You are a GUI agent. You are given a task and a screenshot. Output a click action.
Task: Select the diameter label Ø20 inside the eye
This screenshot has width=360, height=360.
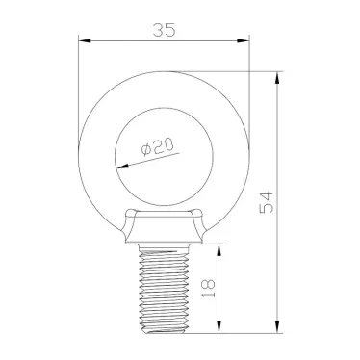click(x=155, y=147)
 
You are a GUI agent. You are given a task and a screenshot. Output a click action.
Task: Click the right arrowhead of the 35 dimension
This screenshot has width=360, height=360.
click(x=244, y=41)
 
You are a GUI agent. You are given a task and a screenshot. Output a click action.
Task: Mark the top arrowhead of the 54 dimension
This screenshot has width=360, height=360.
click(x=278, y=76)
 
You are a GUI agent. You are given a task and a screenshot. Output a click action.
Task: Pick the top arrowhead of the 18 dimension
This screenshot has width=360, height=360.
click(x=223, y=247)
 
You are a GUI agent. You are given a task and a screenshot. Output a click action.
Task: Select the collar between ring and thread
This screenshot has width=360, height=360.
click(x=165, y=227)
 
